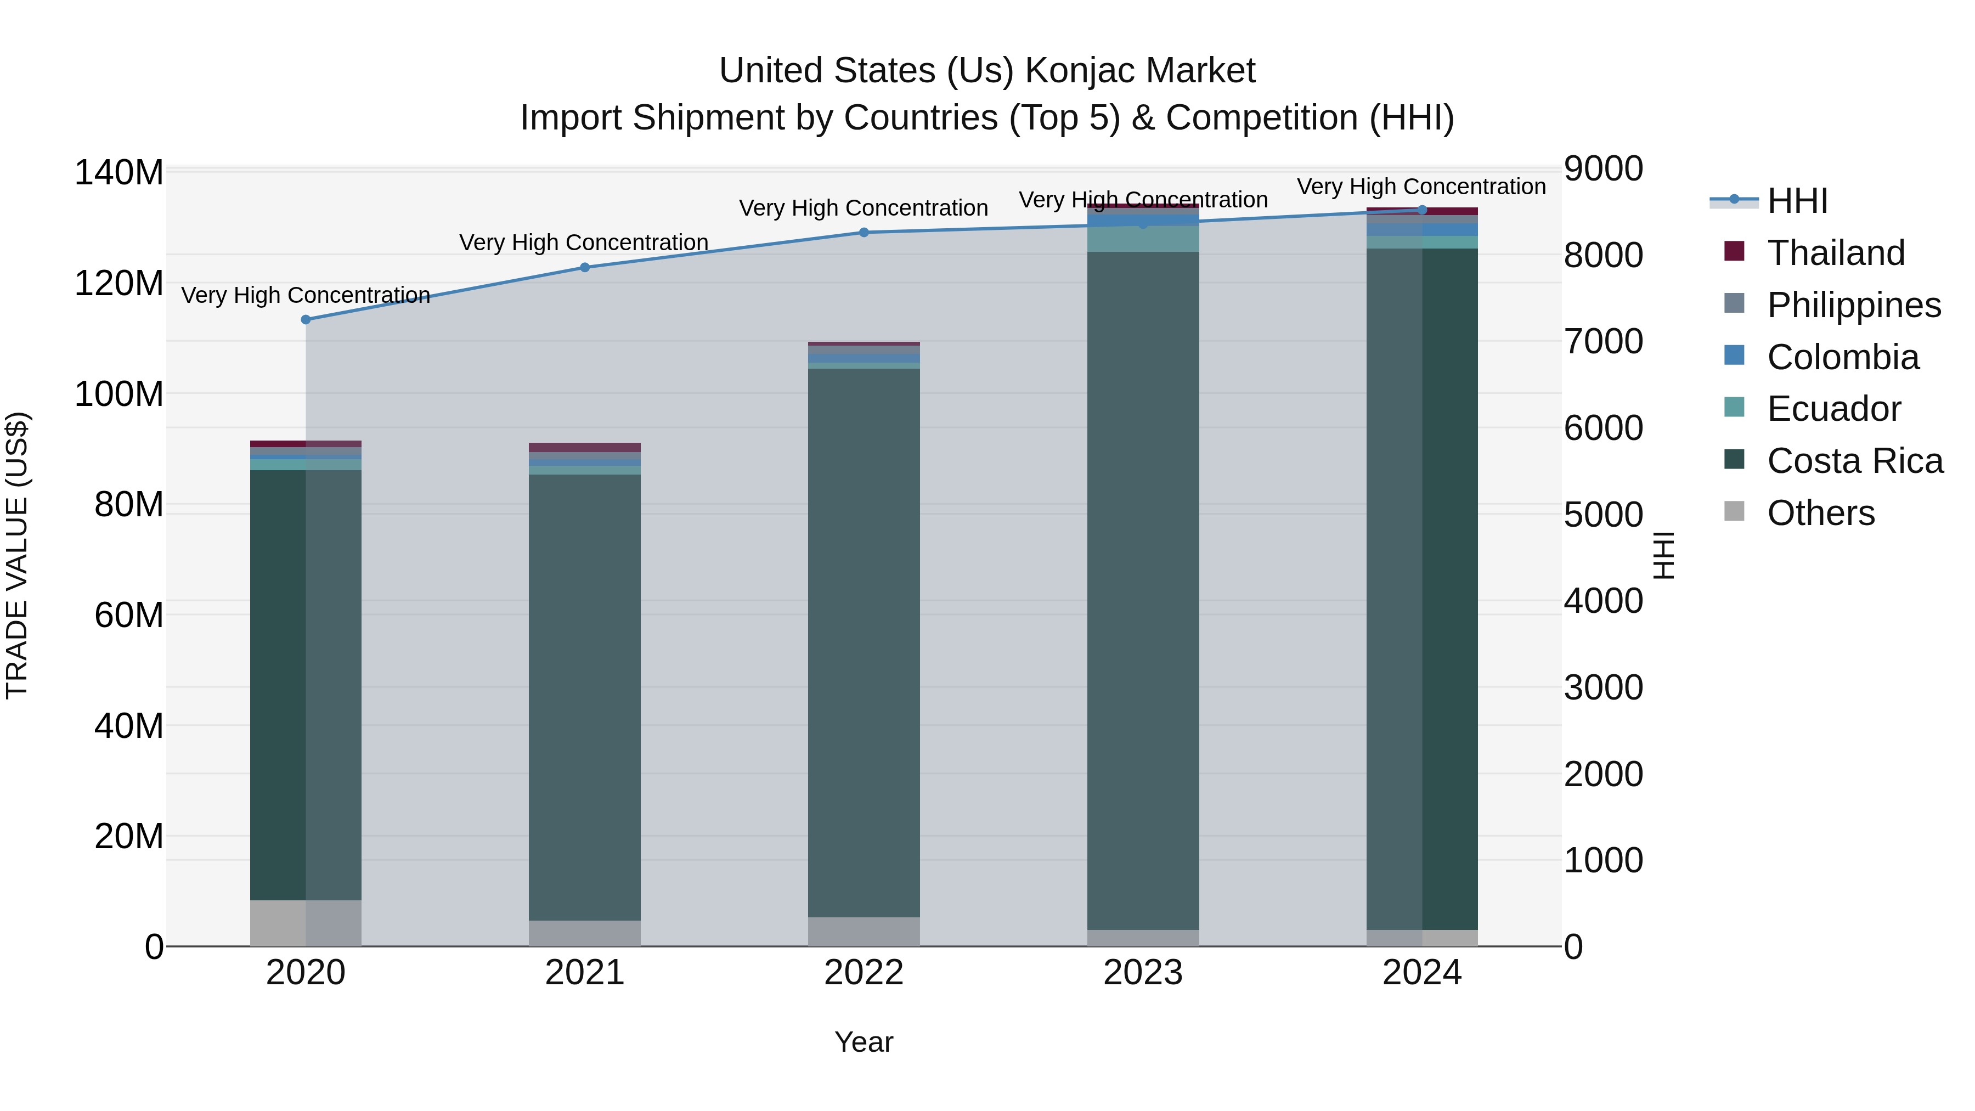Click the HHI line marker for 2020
coord(306,320)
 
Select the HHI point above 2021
coord(585,268)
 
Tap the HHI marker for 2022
coord(864,232)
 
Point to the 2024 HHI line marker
coord(1422,210)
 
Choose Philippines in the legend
coord(1853,305)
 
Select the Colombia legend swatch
coord(1734,356)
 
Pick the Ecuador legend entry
coord(1833,409)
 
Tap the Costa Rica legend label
coord(1855,461)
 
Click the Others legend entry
coord(1820,513)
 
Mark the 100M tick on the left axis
coord(119,394)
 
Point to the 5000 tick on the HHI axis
coord(1603,515)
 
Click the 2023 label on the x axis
coord(1143,973)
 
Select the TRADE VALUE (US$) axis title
coord(17,555)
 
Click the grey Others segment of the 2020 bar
coord(306,923)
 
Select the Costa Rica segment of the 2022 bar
coord(864,642)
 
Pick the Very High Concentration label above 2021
coord(584,242)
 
